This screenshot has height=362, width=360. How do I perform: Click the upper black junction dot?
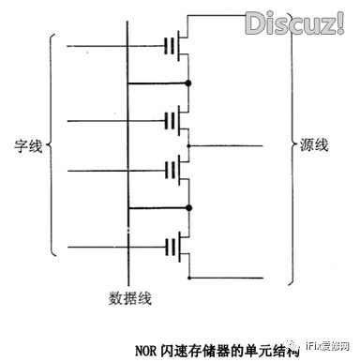[188, 84]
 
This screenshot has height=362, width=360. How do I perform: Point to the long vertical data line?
[127, 150]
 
